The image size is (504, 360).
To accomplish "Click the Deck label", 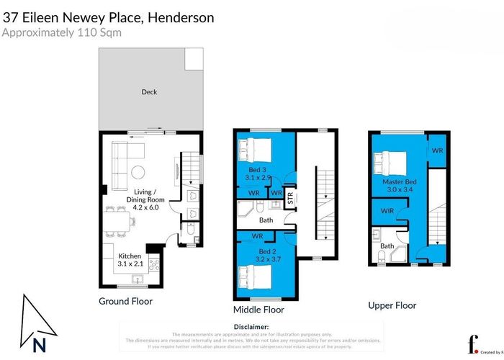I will coord(149,92).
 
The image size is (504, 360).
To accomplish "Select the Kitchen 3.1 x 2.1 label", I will coord(130,260).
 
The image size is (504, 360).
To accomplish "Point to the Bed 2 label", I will coord(256,251).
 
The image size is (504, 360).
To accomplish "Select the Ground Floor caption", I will coord(125,301).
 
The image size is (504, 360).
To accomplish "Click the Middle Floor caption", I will coord(258,310).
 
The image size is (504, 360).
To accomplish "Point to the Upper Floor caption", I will coord(392,305).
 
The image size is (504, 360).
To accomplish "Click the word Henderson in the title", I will coord(180,17).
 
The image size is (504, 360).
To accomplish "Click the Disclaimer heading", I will coord(251,326).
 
